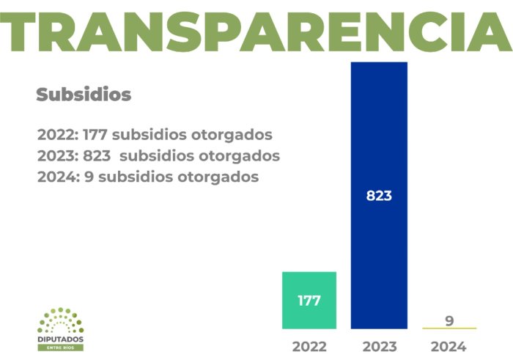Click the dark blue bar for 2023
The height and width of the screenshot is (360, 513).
379,195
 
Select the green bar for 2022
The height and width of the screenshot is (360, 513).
309,301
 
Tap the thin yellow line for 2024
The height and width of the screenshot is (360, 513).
449,328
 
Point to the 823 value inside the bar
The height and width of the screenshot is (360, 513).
379,196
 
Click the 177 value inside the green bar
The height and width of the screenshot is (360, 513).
309,301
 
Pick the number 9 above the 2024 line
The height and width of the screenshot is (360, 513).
449,320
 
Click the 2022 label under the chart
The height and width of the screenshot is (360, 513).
309,347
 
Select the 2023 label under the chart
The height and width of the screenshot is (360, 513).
380,347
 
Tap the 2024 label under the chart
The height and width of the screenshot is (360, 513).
449,347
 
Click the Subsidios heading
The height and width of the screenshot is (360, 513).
84,95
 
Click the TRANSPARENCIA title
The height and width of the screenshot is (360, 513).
256,32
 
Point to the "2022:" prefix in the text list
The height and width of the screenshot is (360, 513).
58,135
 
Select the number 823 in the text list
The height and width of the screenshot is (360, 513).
97,155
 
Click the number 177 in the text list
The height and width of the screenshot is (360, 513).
95,135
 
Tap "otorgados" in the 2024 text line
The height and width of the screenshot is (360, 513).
218,177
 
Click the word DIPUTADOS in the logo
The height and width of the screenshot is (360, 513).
61,339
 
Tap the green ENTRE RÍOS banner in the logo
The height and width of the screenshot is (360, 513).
61,348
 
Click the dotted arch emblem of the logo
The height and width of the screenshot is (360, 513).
61,320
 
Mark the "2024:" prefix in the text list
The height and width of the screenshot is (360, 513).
59,177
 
